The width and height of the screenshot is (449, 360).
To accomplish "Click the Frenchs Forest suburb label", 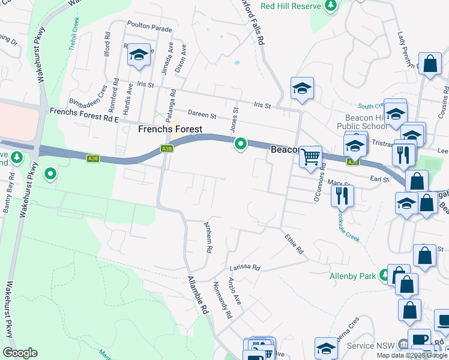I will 170,129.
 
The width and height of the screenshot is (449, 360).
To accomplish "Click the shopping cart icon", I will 310,157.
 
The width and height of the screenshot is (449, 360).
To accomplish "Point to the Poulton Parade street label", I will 149,28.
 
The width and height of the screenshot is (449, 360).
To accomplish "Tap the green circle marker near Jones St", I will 241,144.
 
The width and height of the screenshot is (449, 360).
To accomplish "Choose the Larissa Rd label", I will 244,268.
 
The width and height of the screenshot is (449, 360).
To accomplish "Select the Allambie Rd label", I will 197,296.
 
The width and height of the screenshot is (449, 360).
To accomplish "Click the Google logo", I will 20,353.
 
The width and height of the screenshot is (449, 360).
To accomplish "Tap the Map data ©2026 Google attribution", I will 412,355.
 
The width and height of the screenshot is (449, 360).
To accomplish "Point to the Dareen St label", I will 202,112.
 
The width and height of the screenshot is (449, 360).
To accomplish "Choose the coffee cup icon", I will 419,339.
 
